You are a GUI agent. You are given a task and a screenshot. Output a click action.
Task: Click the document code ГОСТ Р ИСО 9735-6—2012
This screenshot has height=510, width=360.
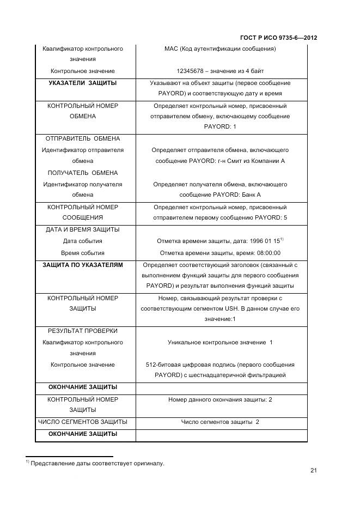point(278,38)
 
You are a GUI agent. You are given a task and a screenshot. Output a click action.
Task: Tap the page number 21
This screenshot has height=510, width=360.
point(314,471)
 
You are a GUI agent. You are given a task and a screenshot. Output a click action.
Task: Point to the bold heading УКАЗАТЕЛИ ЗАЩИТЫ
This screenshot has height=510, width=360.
point(83,83)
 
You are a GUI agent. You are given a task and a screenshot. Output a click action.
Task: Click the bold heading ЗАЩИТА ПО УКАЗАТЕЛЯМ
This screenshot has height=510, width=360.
point(83,265)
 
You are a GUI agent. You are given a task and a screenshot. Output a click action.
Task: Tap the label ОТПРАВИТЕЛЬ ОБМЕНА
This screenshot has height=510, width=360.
point(83,139)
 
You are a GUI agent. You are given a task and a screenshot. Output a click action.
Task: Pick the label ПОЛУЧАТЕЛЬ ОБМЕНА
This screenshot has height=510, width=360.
point(83,173)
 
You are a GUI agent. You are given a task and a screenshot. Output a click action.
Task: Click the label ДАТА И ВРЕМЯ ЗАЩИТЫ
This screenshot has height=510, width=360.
point(83,229)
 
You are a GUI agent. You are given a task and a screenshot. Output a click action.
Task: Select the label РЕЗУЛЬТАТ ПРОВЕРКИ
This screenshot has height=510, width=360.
point(83,331)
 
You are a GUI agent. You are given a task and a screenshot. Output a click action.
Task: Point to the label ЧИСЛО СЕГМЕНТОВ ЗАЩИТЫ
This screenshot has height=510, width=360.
point(83,422)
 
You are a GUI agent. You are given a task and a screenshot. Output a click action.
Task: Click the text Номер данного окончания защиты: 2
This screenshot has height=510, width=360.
point(220,399)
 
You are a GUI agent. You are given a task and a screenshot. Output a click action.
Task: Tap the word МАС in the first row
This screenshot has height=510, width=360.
point(170,49)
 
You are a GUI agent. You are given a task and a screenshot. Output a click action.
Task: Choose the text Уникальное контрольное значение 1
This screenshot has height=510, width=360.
point(220,342)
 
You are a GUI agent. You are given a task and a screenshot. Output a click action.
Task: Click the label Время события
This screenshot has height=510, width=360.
point(83,253)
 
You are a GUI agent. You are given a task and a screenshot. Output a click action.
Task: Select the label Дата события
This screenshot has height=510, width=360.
point(83,241)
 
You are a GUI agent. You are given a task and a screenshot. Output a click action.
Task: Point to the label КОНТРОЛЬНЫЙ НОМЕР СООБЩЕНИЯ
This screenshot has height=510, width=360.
point(83,212)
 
